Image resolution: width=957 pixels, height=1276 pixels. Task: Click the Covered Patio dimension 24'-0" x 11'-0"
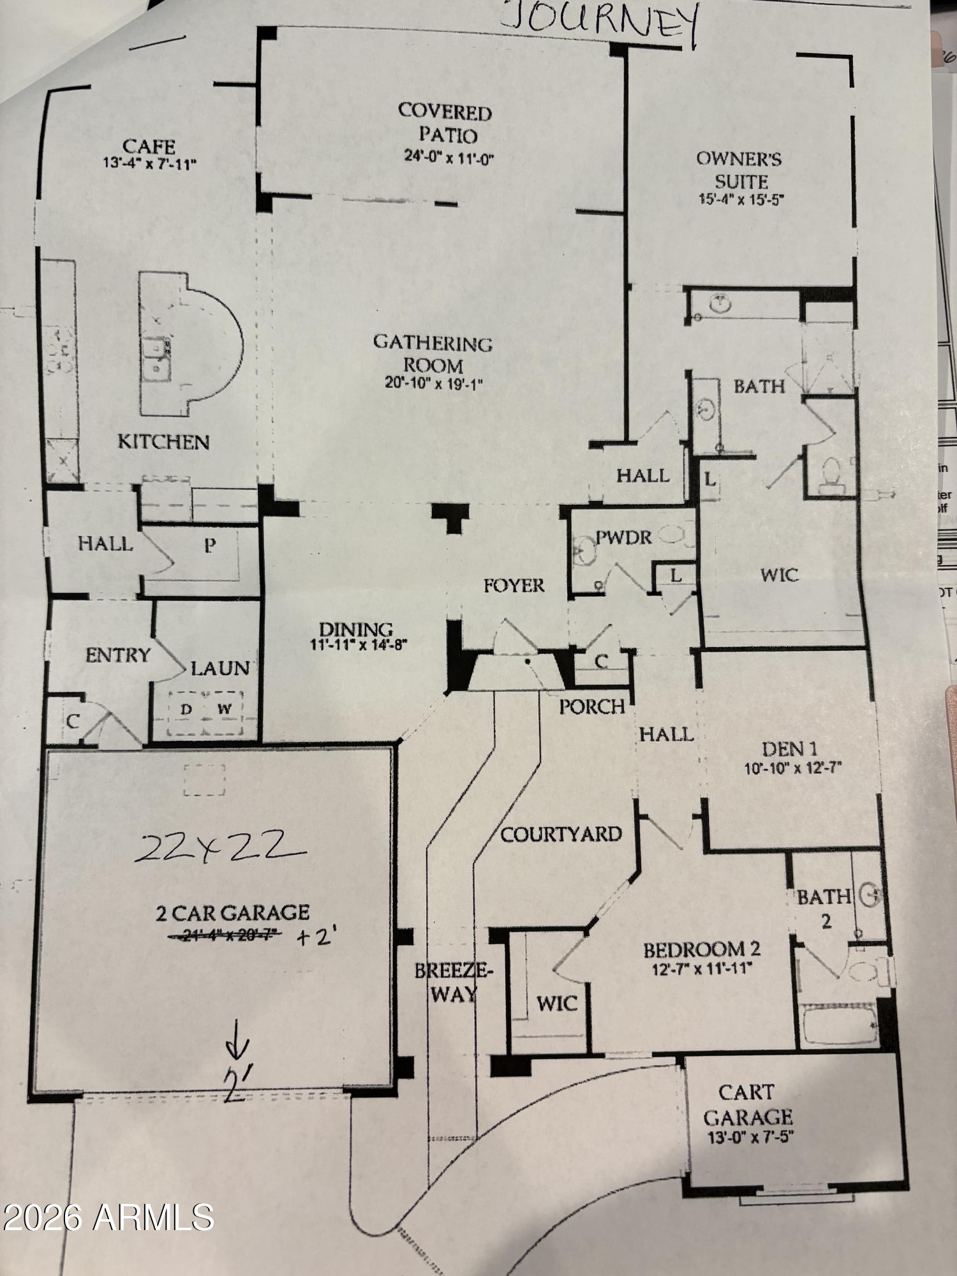pos(449,157)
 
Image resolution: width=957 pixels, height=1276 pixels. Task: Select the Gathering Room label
pos(433,354)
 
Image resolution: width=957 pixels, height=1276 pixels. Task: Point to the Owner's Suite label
pos(739,169)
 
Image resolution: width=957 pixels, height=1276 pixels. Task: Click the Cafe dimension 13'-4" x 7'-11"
pos(150,163)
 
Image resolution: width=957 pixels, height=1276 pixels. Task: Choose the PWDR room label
pos(623,537)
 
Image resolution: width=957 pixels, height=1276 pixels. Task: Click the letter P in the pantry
pos(210,545)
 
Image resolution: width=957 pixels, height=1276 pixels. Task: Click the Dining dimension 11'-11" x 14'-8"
pos(359,644)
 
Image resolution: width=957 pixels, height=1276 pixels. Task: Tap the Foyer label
pos(514,585)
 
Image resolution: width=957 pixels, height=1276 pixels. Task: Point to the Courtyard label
pos(561,834)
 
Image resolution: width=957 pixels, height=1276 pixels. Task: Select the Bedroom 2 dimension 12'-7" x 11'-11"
pos(702,968)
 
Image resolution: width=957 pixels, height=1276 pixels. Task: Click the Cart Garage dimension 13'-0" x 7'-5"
pos(750,1136)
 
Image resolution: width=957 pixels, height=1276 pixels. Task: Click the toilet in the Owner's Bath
pos(830,475)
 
